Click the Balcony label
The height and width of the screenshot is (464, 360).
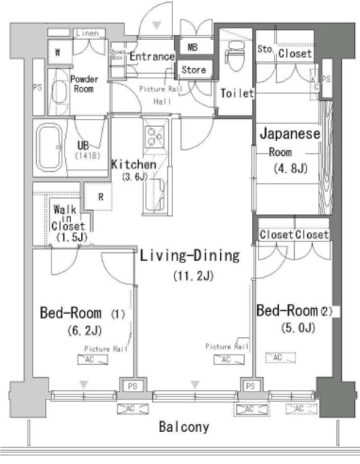[184, 427]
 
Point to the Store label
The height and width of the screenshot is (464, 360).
[193, 70]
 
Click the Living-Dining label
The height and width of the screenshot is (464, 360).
[190, 255]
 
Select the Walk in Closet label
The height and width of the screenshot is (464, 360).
[69, 223]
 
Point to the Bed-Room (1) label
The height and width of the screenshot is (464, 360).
[81, 314]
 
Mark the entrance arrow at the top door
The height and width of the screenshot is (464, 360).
[159, 26]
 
